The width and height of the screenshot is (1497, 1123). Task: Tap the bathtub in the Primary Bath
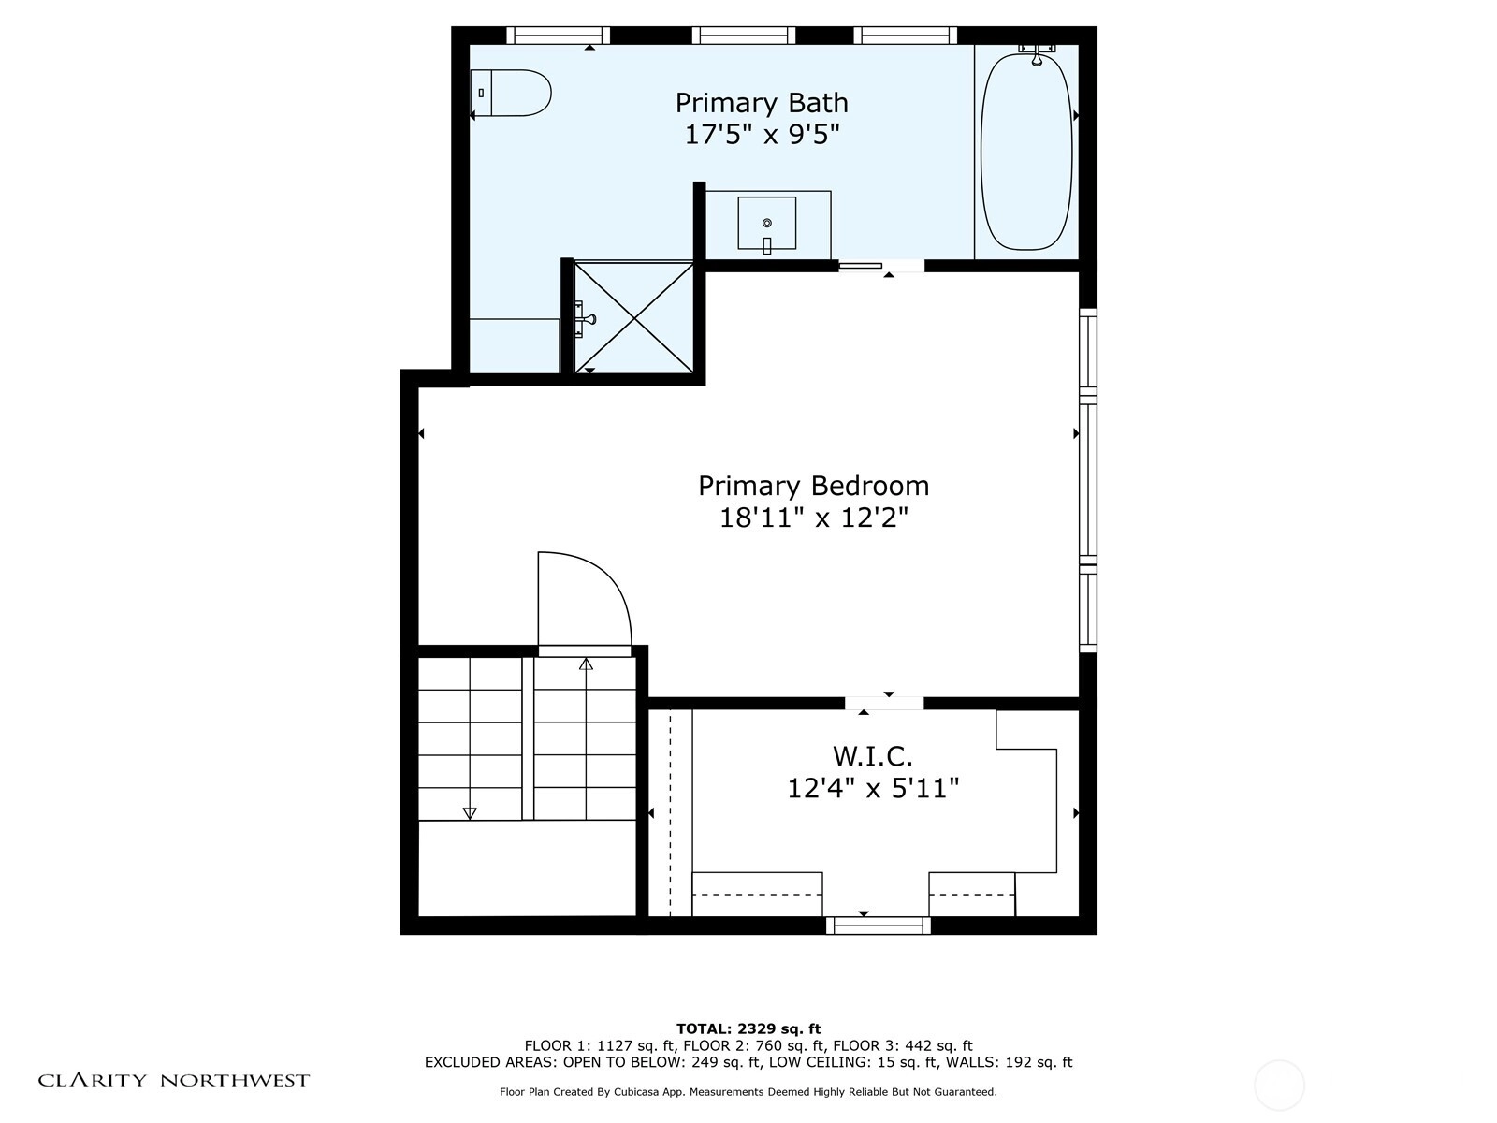click(x=1025, y=152)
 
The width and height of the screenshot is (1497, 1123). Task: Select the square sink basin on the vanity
click(x=766, y=223)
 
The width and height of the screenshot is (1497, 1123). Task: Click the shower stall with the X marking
click(x=633, y=318)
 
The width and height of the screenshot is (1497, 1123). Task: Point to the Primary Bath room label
click(x=762, y=103)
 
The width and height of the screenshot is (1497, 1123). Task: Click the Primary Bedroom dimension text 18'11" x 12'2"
click(x=814, y=518)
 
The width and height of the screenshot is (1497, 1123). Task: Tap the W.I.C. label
click(x=872, y=756)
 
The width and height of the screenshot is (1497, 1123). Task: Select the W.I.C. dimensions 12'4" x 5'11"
click(x=873, y=789)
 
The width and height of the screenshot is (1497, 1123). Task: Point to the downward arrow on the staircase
click(x=470, y=812)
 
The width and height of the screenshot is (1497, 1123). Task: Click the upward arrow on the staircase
click(x=586, y=664)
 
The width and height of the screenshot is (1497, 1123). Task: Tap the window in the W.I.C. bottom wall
click(x=879, y=926)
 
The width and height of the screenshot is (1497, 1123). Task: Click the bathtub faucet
click(x=1037, y=54)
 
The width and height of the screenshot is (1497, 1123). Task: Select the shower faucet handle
click(x=586, y=318)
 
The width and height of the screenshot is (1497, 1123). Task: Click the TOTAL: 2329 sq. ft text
click(x=748, y=1028)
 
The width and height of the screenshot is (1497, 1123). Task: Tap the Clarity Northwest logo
click(x=173, y=1080)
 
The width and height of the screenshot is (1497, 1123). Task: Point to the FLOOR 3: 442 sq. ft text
click(x=903, y=1046)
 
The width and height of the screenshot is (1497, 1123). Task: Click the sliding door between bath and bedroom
click(x=861, y=266)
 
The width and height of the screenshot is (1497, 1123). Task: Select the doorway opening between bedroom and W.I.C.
click(x=884, y=703)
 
